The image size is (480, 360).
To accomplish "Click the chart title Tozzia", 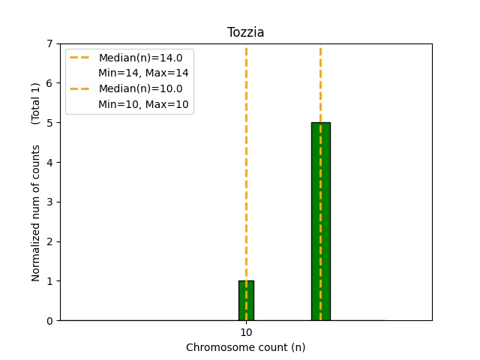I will pos(246,33).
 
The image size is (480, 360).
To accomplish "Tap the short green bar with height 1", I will pos(246,301).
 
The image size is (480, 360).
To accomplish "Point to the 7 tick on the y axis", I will pos(49,43).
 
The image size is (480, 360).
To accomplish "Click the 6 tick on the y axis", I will pos(49,83).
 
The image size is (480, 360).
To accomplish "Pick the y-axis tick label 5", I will pos(49,123).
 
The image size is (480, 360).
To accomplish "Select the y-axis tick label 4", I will pos(49,163).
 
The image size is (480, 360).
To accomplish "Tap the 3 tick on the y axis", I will pos(49,202).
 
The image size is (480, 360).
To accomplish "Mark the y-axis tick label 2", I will pos(49,241).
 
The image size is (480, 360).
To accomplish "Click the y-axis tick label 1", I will pos(49,281).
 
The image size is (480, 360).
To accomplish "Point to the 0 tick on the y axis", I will pos(49,321).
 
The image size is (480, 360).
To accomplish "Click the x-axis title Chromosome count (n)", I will pos(246,347).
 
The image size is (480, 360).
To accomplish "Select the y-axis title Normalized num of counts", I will pos(36,213).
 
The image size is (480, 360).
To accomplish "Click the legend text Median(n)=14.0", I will pos(140,58).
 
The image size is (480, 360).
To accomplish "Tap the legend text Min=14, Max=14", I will pos(143,73).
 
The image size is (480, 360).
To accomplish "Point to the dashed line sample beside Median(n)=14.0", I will pos(80,58).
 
